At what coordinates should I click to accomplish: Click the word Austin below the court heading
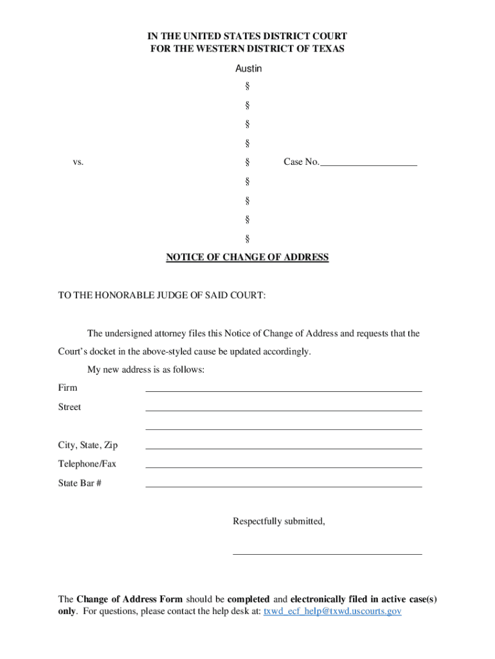point(248,68)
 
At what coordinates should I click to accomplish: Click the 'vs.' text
point(78,163)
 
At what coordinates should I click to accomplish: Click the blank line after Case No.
point(368,163)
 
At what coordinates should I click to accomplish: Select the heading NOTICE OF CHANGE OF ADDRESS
point(248,257)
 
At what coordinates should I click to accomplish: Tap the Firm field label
point(67,387)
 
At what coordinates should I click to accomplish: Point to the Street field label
point(69,407)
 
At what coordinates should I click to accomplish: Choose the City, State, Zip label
point(87,445)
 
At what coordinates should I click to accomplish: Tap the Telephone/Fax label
point(87,463)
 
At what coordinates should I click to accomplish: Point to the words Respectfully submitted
point(279,521)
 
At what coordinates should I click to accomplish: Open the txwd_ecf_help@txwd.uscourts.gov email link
point(332,611)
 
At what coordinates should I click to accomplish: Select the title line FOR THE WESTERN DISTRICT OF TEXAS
point(248,49)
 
